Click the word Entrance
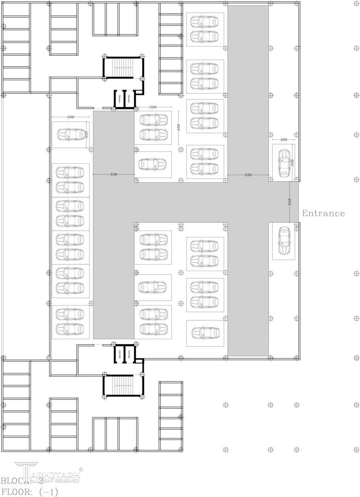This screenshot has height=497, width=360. tap(323, 214)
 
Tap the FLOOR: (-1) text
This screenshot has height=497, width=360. tap(29, 491)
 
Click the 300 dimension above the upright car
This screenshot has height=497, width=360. tap(284, 139)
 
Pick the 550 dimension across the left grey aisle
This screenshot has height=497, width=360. tap(114, 174)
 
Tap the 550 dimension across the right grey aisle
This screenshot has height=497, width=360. tap(248, 175)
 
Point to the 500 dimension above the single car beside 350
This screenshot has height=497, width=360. tap(71, 117)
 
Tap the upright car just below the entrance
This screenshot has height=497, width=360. tap(283, 241)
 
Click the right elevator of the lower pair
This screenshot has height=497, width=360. tap(130, 353)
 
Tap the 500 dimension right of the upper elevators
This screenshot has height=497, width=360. tap(153, 107)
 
